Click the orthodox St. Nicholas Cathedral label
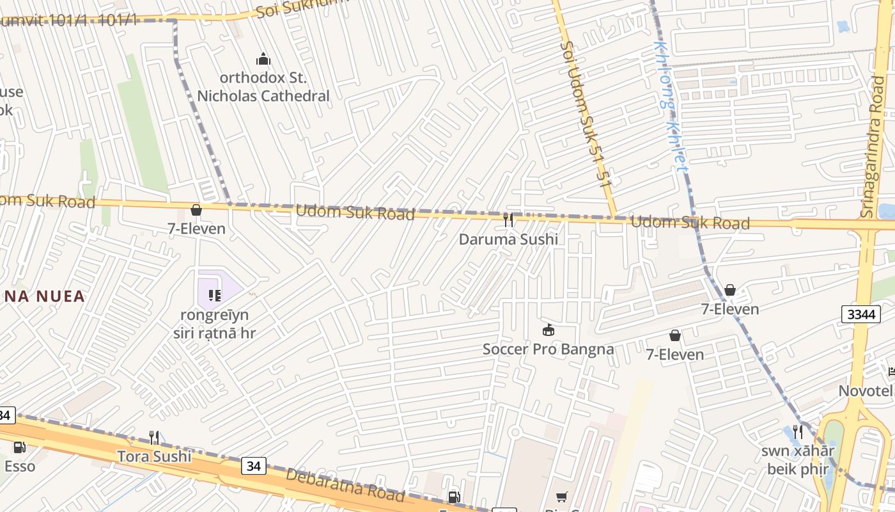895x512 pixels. (x=263, y=87)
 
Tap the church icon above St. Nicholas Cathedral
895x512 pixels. (x=263, y=60)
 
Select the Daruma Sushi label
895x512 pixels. (x=508, y=239)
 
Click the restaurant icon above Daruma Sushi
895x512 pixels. (x=508, y=220)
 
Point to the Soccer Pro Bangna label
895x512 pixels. (x=548, y=349)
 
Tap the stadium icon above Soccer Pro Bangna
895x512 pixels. (x=548, y=330)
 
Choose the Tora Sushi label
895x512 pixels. (x=154, y=456)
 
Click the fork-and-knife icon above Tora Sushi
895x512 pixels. (x=154, y=438)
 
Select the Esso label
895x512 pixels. (x=20, y=466)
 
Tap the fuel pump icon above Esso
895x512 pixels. (x=20, y=447)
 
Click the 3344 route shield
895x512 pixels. (x=859, y=314)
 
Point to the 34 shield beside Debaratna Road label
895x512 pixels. (x=254, y=466)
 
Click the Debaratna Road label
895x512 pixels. (x=345, y=485)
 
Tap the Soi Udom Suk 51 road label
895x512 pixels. (x=585, y=115)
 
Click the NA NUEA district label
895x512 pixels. (x=43, y=296)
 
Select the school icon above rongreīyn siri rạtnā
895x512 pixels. (x=215, y=295)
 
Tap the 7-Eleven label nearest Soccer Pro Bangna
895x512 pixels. (x=674, y=355)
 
